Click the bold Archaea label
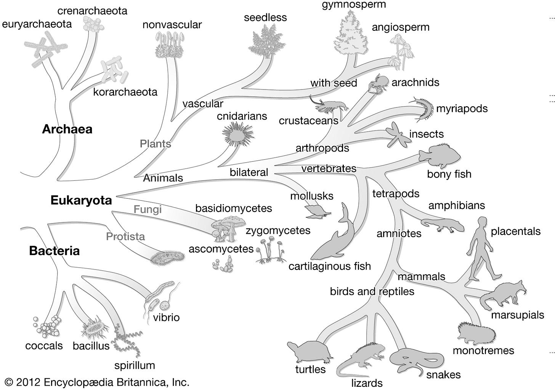[67, 129]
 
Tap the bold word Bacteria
[54, 251]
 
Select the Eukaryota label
[81, 201]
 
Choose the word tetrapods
[396, 194]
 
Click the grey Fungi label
[148, 209]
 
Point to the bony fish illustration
[440, 156]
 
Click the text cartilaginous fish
[329, 266]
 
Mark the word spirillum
[135, 365]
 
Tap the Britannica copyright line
[97, 382]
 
